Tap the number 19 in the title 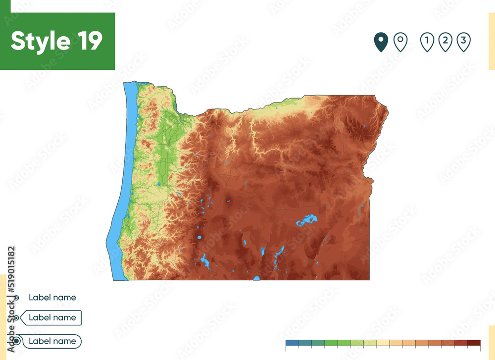coord(89,41)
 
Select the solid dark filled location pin coord(381,42)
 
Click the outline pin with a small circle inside coord(400,42)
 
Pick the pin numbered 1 coord(427,42)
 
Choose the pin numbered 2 coord(445,42)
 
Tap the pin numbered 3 coord(463,42)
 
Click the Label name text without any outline coord(52,298)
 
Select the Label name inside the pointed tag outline coord(52,318)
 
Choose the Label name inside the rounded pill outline coord(52,341)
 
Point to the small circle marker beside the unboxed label coord(17,298)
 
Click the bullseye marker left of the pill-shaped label coord(17,341)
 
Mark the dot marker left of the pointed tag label coord(17,318)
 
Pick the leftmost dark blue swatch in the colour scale coord(292,343)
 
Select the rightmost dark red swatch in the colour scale coord(474,343)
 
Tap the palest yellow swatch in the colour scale coord(383,343)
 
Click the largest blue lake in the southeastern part coord(307,220)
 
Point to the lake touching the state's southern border coord(256,278)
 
